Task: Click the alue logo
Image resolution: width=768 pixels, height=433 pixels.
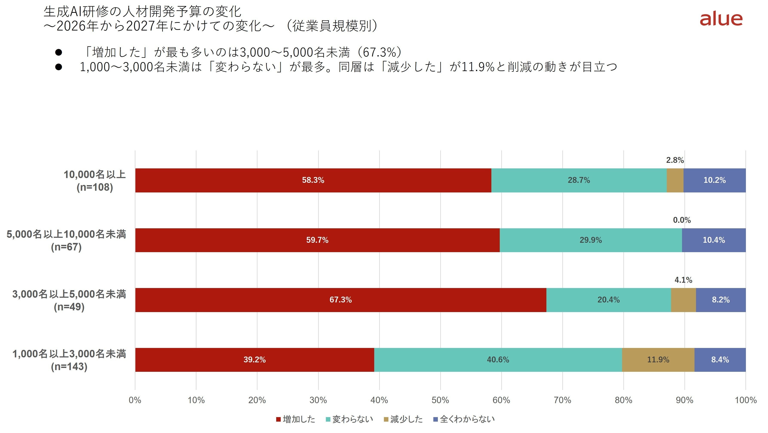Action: point(721,19)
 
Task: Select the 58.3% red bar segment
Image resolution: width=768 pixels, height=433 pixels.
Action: point(313,180)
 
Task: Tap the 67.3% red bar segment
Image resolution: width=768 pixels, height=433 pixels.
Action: point(341,300)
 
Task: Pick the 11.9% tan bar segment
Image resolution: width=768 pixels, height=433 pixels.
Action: point(658,360)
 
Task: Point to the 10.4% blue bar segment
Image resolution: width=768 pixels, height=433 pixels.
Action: point(714,240)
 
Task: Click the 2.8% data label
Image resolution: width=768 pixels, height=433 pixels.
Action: point(675,160)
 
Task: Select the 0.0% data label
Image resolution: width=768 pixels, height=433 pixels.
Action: point(682,220)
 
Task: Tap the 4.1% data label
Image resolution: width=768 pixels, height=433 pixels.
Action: point(683,280)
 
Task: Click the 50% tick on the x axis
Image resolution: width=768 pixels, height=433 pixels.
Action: point(440,400)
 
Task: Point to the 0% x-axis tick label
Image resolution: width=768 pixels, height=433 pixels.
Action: point(135,400)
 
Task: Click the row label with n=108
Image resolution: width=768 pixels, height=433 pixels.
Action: point(95,181)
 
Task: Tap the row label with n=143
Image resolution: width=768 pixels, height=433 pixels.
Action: point(69,360)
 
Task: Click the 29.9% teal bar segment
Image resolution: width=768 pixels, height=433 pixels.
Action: point(591,240)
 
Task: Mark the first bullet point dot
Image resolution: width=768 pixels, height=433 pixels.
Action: point(58,52)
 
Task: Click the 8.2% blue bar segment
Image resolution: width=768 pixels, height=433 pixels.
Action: point(721,300)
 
